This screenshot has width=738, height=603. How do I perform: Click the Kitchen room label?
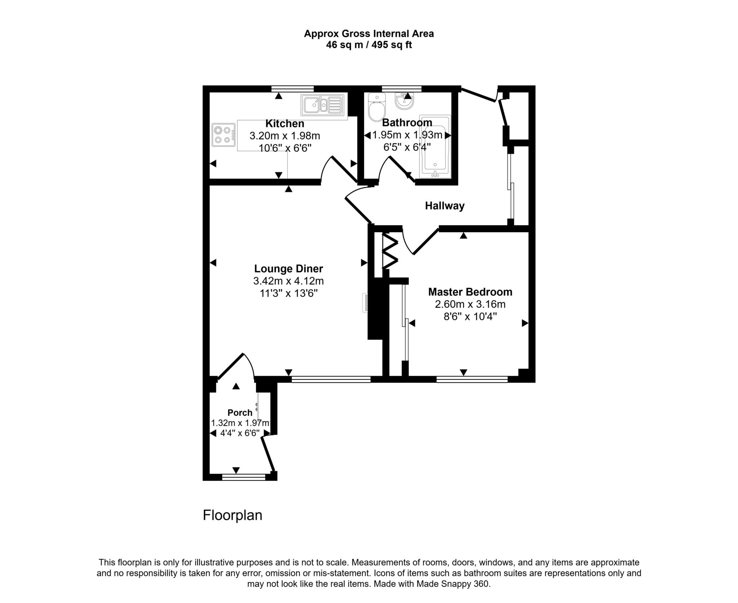pos(285,124)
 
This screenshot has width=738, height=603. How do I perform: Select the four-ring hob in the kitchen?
pos(223,135)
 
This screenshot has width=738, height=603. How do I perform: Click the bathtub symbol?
pos(435,148)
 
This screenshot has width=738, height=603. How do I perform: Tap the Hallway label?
pos(444,206)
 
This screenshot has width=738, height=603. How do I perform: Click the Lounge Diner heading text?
pos(288,269)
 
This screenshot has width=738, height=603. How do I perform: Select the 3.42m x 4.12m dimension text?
pos(288,281)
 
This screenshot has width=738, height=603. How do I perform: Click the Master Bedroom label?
pos(470,292)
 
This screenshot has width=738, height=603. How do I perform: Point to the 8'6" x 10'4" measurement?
pos(470,317)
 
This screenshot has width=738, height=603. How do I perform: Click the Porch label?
pos(240,413)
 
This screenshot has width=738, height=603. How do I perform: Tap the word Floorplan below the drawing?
pos(232,515)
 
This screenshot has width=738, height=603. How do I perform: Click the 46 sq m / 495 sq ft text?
pos(369,45)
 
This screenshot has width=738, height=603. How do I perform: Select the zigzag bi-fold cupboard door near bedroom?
pos(390,251)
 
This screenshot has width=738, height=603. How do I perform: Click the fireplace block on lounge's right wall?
pos(375,310)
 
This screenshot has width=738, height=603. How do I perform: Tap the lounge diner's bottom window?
pos(331,379)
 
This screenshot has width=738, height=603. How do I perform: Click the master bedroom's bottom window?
pos(472,379)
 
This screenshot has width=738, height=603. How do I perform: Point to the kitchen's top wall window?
pos(292,89)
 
